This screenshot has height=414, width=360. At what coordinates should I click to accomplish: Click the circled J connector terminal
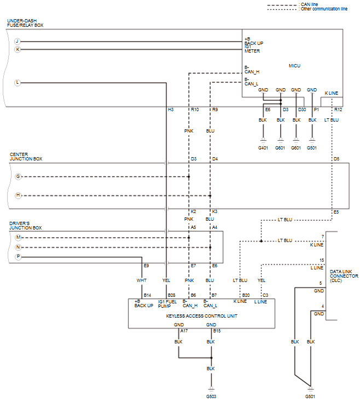click(17, 41)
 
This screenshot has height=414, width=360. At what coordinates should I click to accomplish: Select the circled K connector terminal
click(17, 49)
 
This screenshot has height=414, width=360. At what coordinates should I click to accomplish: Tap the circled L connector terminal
click(17, 83)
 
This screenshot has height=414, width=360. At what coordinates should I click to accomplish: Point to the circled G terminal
click(18, 177)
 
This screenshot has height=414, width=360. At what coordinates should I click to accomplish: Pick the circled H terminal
click(18, 196)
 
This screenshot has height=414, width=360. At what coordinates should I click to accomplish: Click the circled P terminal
click(18, 256)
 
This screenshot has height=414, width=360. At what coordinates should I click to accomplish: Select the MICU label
click(294, 66)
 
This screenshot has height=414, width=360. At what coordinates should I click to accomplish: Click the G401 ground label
click(264, 147)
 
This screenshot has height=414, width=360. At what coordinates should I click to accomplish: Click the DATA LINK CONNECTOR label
click(344, 276)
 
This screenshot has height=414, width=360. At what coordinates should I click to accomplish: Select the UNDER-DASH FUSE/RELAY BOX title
click(25, 24)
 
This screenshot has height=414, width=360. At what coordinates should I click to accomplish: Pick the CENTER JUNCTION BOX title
click(26, 157)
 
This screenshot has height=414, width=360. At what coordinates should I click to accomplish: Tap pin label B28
click(171, 295)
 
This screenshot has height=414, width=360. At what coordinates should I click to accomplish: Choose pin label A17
click(184, 331)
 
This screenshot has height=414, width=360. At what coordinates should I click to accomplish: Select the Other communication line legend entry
click(323, 9)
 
